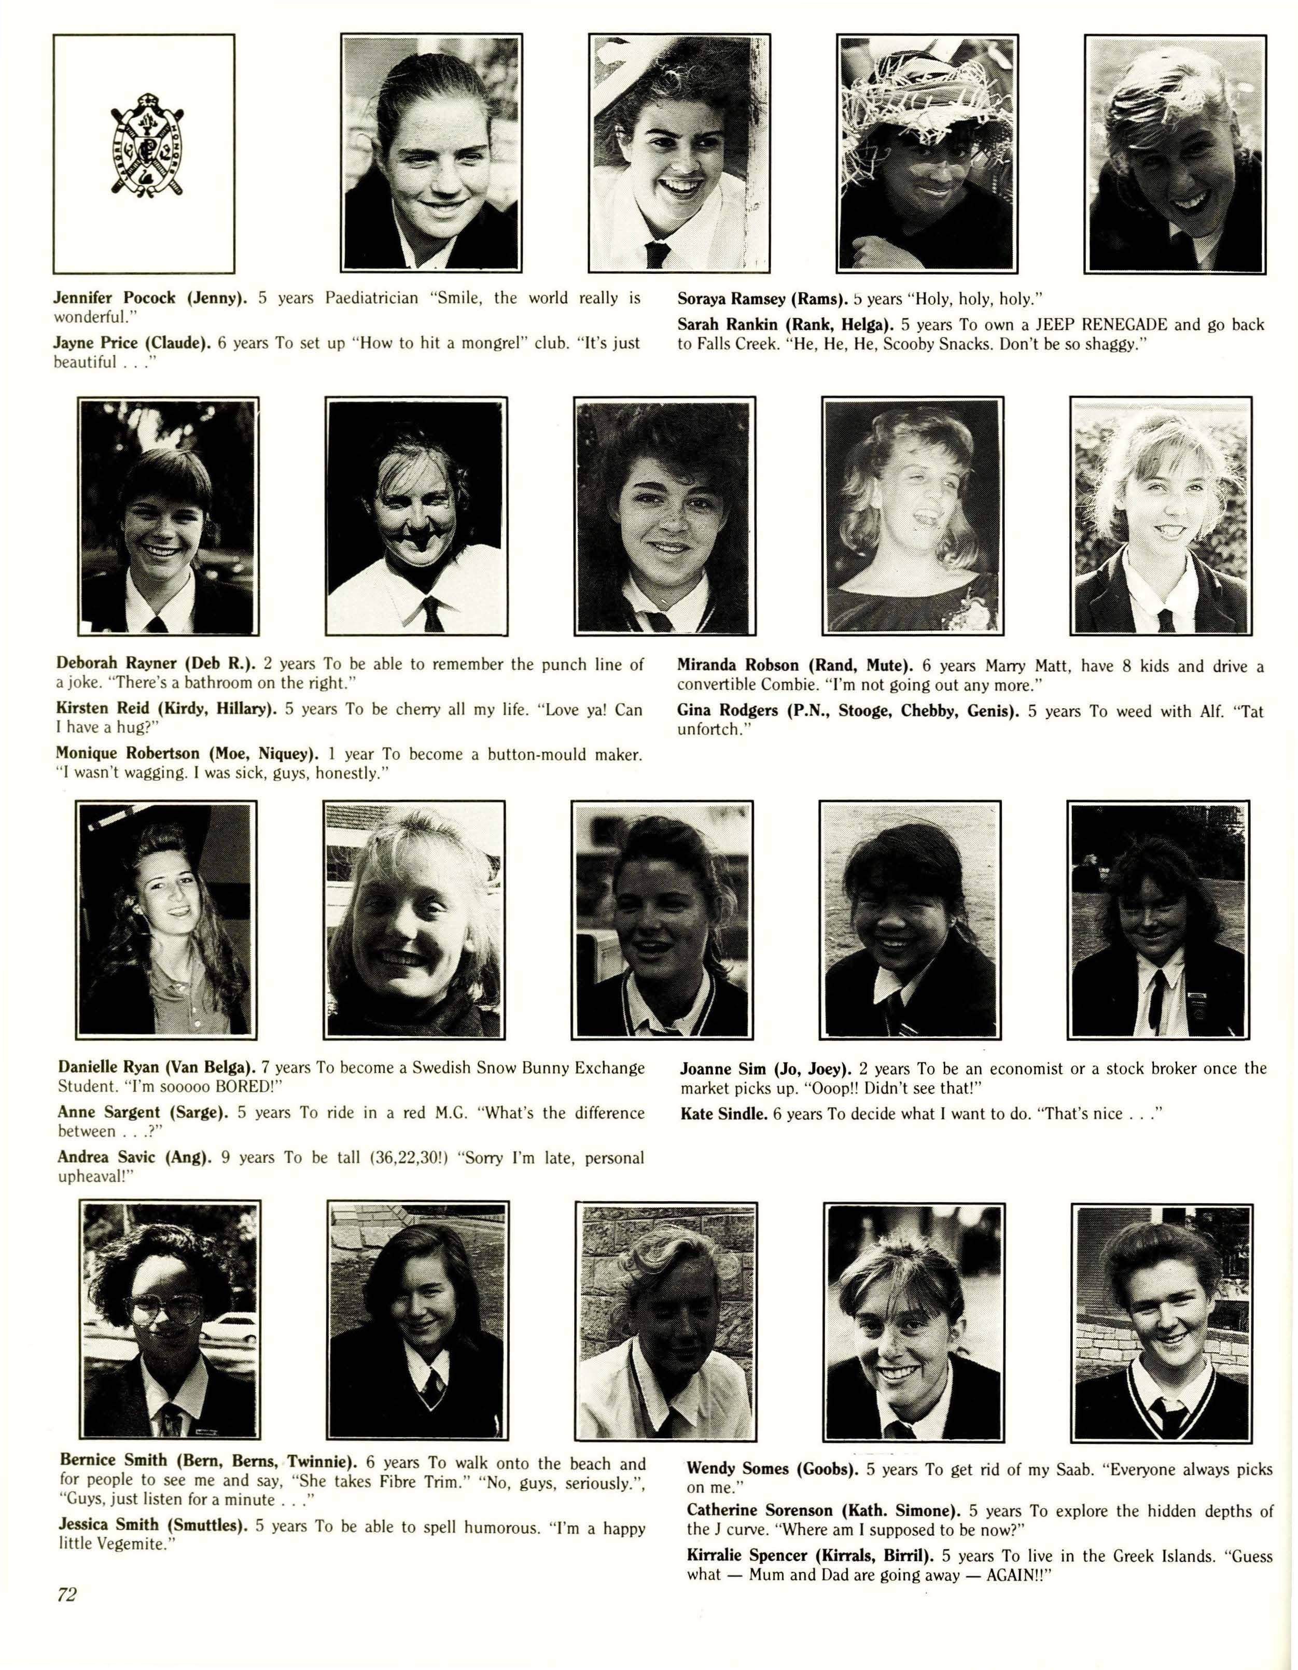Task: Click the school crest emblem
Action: pos(144,153)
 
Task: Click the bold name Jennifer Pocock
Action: pos(115,298)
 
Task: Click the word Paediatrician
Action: pos(372,298)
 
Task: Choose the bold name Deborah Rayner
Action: pos(116,665)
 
